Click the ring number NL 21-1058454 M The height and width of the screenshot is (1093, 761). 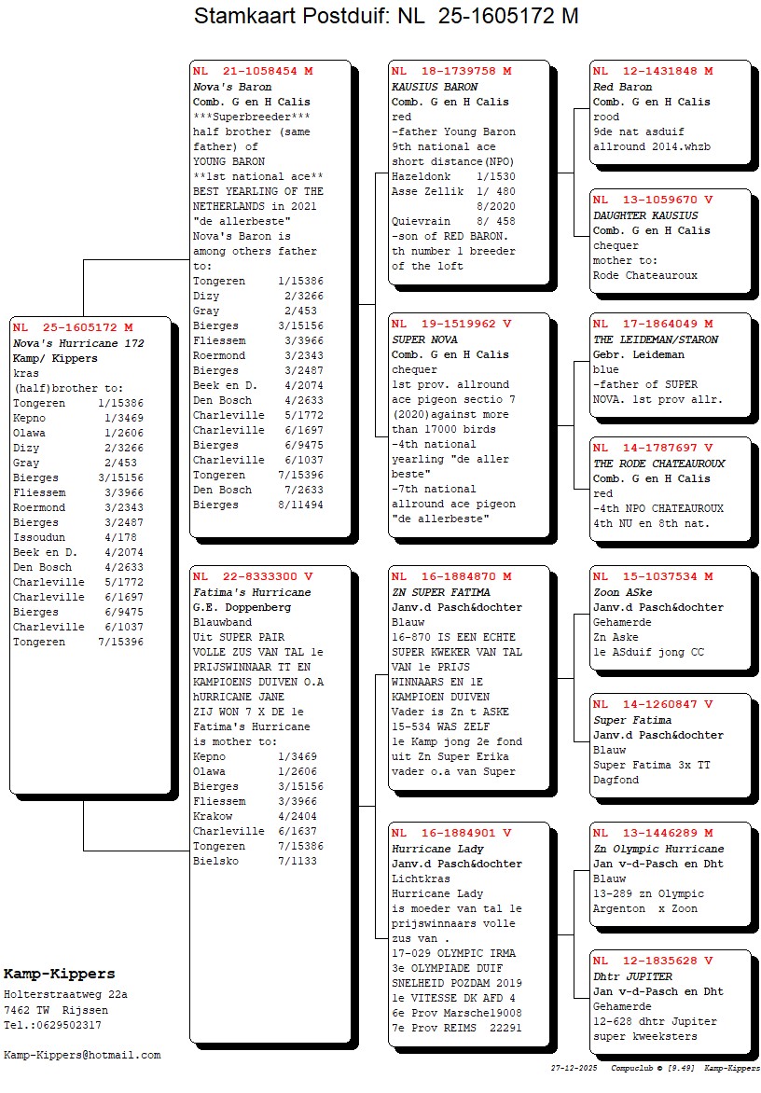(x=253, y=71)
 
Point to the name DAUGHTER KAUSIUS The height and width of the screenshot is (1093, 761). (x=645, y=215)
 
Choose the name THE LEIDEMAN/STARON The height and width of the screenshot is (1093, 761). (x=656, y=339)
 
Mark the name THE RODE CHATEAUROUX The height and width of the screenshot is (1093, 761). (x=658, y=463)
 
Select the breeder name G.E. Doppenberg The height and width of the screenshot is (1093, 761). (x=242, y=607)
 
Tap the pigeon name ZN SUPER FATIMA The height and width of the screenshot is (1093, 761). (x=440, y=592)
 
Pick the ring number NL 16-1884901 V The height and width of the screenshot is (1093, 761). (x=451, y=833)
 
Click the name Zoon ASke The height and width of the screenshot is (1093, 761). (x=623, y=592)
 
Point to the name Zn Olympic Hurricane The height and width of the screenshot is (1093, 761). (x=658, y=849)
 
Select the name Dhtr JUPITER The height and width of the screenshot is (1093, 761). (x=632, y=976)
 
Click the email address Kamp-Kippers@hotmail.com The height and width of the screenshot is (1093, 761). (x=82, y=1055)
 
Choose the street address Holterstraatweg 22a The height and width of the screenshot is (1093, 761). (x=65, y=994)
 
